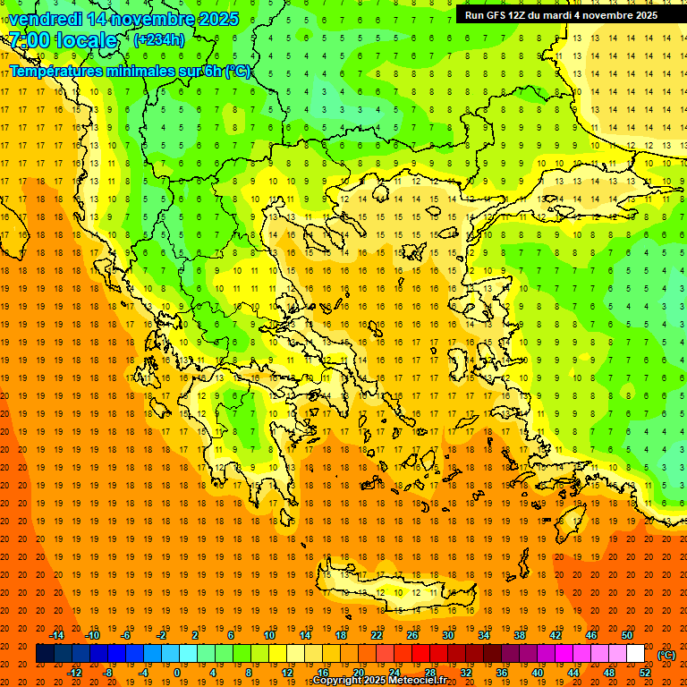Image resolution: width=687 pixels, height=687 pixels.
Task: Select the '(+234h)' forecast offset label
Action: pyautogui.click(x=159, y=39)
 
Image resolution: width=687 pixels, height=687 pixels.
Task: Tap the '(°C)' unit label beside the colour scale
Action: pyautogui.click(x=666, y=654)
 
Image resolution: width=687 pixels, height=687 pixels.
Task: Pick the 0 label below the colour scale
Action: pyautogui.click(x=176, y=673)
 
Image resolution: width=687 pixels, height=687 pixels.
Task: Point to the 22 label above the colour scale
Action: pyautogui.click(x=377, y=635)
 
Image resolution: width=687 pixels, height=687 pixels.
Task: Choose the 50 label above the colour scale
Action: pyautogui.click(x=626, y=635)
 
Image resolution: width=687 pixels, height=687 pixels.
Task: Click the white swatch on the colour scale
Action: pyautogui.click(x=635, y=654)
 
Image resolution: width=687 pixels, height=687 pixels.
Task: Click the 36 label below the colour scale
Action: pyautogui.click(x=501, y=673)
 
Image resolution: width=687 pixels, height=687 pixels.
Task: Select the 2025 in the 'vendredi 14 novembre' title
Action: pyautogui.click(x=218, y=19)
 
